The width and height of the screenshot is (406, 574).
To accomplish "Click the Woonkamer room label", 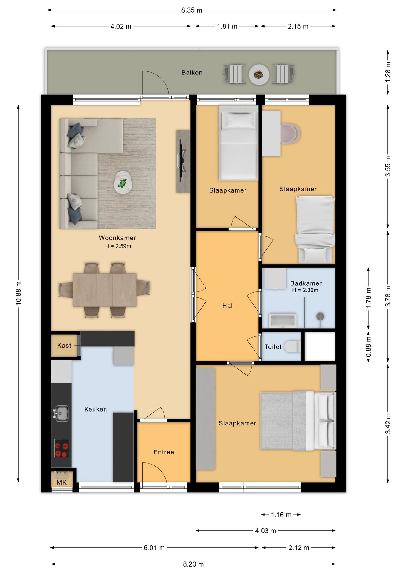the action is pyautogui.click(x=117, y=238).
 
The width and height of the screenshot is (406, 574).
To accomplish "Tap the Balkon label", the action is pyautogui.click(x=192, y=73).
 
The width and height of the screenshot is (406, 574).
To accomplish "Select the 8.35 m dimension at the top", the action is pyautogui.click(x=192, y=10).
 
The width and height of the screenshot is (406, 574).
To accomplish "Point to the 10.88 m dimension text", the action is pyautogui.click(x=19, y=293).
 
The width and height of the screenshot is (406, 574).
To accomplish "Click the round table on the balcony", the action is pyautogui.click(x=259, y=74).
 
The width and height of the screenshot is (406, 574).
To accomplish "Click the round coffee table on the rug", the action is pyautogui.click(x=123, y=182).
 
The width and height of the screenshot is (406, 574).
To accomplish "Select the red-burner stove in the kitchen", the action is pyautogui.click(x=62, y=448).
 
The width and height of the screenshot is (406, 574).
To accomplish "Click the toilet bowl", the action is pyautogui.click(x=292, y=346).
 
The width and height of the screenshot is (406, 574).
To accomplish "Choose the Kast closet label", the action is pyautogui.click(x=64, y=346).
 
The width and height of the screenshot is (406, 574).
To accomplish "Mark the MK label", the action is pyautogui.click(x=62, y=483).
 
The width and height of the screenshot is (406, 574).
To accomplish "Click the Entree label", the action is pyautogui.click(x=164, y=452).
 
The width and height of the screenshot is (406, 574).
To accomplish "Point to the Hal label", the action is pyautogui.click(x=228, y=306).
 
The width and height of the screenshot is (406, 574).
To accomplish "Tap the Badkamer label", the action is pyautogui.click(x=306, y=283).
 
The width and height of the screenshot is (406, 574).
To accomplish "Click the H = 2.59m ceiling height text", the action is pyautogui.click(x=118, y=246).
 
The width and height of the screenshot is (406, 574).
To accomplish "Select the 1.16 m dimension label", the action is pyautogui.click(x=281, y=515).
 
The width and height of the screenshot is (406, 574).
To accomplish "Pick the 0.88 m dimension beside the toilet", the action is pyautogui.click(x=369, y=346).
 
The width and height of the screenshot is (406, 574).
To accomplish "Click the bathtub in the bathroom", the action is pyautogui.click(x=283, y=320).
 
